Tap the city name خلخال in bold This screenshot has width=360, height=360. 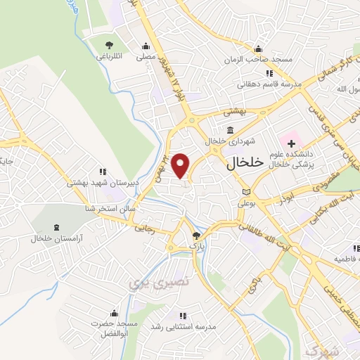coord(245,162)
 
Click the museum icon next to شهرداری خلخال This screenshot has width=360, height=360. coord(231,130)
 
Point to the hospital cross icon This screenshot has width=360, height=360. coord(291,143)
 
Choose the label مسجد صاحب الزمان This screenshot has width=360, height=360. coord(258,59)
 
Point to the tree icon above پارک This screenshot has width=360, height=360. coord(198,236)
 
